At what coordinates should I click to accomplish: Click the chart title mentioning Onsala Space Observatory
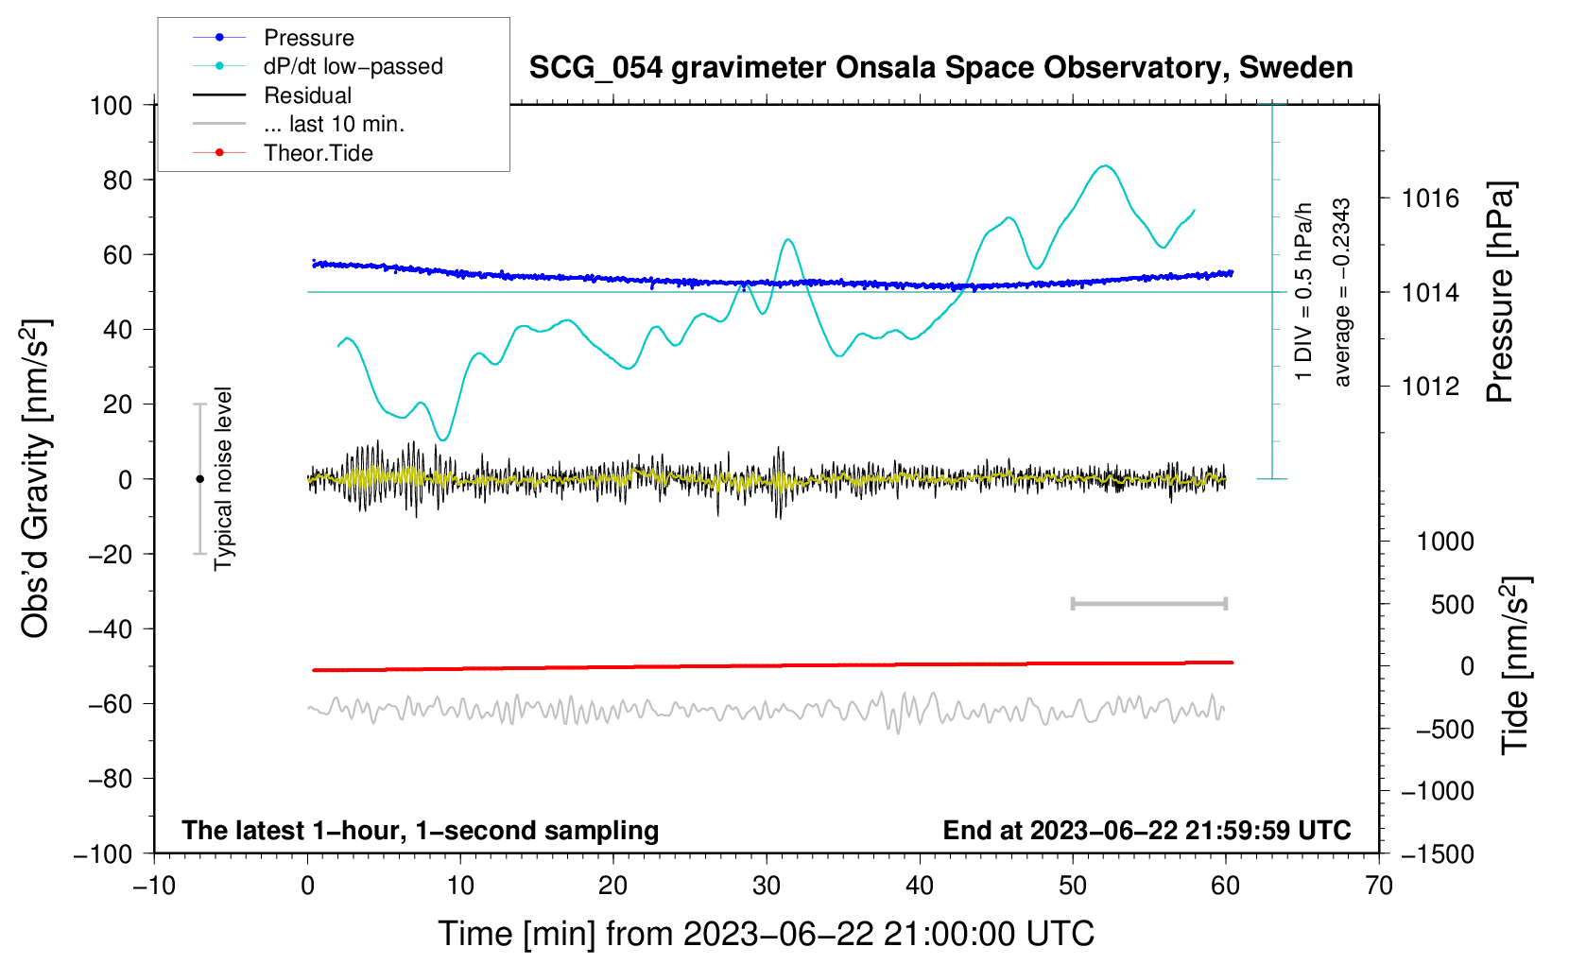pyautogui.click(x=940, y=68)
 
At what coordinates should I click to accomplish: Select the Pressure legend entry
pyautogui.click(x=308, y=38)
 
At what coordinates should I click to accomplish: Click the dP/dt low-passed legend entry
pyautogui.click(x=353, y=66)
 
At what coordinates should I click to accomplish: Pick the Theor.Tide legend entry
pyautogui.click(x=318, y=153)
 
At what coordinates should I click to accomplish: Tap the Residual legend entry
pyautogui.click(x=307, y=95)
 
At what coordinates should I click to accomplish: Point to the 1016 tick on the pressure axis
pyautogui.click(x=1430, y=198)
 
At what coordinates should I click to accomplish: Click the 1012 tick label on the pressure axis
pyautogui.click(x=1430, y=387)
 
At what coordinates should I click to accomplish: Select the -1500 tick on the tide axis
pyautogui.click(x=1437, y=853)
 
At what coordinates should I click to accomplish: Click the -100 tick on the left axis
pyautogui.click(x=103, y=853)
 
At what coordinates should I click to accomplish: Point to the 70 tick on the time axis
pyautogui.click(x=1379, y=886)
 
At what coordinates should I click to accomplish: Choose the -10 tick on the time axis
pyautogui.click(x=154, y=886)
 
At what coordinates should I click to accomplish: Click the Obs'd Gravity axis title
pyautogui.click(x=35, y=478)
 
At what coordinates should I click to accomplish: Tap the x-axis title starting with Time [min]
pyautogui.click(x=766, y=934)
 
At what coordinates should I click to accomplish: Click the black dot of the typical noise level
pyautogui.click(x=199, y=479)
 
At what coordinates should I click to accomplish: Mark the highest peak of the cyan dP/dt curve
pyautogui.click(x=1104, y=166)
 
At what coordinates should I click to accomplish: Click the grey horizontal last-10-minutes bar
pyautogui.click(x=1148, y=603)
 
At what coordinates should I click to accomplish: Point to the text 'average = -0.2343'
pyautogui.click(x=1342, y=293)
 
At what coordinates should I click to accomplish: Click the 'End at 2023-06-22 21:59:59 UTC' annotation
pyautogui.click(x=1147, y=830)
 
